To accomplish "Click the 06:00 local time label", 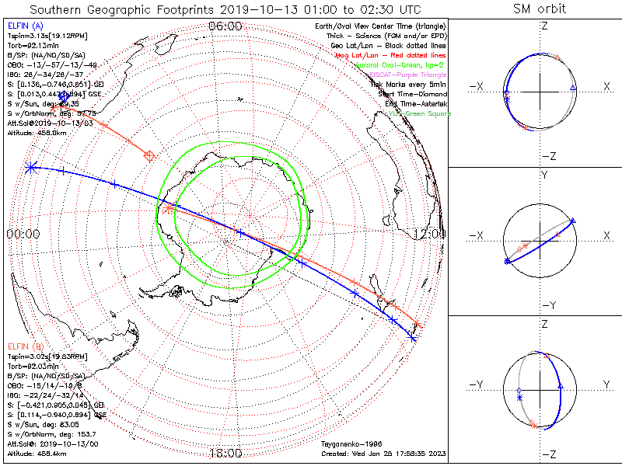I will tap(225, 26).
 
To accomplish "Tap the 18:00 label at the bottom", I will tap(225, 453).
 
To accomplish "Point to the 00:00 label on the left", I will tap(23, 233).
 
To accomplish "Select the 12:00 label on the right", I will tap(430, 233).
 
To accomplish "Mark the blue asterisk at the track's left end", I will tap(30, 166).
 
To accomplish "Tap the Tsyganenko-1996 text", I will tap(348, 445).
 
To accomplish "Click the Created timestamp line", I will tap(381, 454).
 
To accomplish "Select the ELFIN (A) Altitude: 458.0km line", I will tap(37, 133).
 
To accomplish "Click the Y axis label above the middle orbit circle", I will tap(543, 175).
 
